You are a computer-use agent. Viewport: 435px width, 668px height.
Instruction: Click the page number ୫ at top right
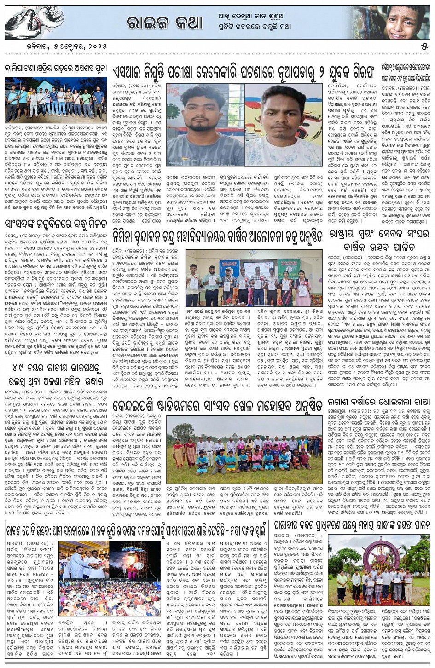pyautogui.click(x=424, y=47)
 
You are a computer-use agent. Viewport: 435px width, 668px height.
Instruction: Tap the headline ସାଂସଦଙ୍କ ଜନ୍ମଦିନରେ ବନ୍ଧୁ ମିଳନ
pyautogui.click(x=57, y=225)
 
